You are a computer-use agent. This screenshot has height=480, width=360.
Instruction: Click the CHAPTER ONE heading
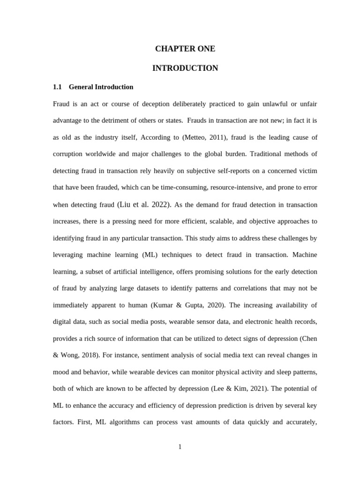[x=185, y=49]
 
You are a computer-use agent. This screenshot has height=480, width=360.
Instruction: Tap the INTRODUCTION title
[x=185, y=68]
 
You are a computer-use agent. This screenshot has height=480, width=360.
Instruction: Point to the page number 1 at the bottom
[x=180, y=447]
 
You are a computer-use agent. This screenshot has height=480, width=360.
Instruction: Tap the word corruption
[x=69, y=154]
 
